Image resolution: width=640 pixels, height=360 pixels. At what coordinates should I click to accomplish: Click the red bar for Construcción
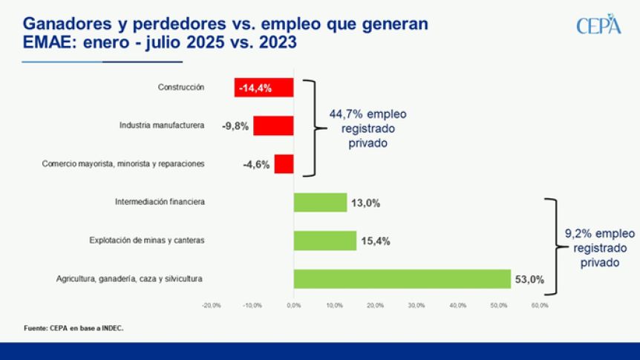click(264, 88)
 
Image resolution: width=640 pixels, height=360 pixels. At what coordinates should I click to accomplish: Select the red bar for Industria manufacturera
click(273, 125)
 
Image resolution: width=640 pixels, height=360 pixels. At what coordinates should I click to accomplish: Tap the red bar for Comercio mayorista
click(284, 164)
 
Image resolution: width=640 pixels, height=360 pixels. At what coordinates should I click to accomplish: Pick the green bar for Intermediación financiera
click(320, 202)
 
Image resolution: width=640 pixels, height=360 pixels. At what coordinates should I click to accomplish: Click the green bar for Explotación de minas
click(324, 240)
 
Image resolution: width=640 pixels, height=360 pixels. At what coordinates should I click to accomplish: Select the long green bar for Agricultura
click(402, 279)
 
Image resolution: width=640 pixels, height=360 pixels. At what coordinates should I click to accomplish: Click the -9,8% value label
click(237, 126)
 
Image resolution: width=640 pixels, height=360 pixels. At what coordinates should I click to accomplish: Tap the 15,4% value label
click(374, 241)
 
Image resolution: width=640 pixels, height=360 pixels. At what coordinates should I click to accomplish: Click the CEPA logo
click(598, 24)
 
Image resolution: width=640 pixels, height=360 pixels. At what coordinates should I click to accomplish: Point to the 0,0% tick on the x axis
click(293, 305)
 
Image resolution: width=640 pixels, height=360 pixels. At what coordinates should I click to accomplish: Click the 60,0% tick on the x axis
click(539, 305)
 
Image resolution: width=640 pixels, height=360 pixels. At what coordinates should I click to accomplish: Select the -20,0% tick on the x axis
click(212, 305)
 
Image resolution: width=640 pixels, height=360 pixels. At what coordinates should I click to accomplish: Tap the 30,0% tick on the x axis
click(416, 305)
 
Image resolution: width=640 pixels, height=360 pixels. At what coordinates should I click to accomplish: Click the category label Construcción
click(180, 88)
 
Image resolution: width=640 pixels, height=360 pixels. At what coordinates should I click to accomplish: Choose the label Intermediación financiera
click(160, 202)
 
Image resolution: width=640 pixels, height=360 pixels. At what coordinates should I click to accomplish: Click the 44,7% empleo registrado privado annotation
click(368, 128)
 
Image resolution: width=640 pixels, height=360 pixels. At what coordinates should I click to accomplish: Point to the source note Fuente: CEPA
click(74, 327)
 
